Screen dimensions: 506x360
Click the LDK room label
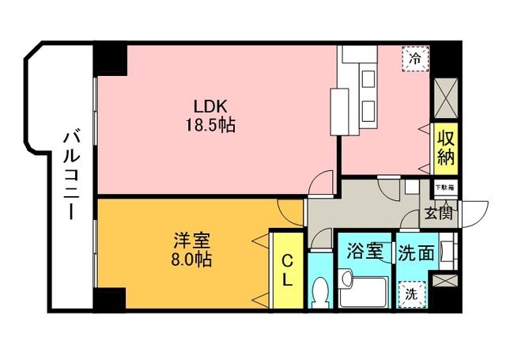click(210, 106)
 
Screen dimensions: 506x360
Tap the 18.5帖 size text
click(210, 125)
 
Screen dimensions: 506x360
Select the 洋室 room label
click(191, 241)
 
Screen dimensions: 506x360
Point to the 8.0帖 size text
click(191, 259)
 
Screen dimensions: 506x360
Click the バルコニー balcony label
click(71, 176)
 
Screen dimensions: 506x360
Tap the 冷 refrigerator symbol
click(415, 59)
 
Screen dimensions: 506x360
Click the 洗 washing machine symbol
click(411, 294)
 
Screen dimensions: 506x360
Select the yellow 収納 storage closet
click(446, 149)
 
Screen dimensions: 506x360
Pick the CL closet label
click(287, 270)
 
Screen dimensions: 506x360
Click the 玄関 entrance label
click(438, 214)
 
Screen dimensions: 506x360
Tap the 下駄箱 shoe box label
click(445, 188)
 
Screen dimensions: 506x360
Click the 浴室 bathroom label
click(364, 252)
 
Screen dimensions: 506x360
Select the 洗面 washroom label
click(416, 252)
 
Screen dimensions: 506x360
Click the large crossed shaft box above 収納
click(446, 98)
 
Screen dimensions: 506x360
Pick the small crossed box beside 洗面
click(445, 280)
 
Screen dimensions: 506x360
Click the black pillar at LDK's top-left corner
click(110, 59)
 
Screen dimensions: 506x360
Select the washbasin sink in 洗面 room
click(446, 251)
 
